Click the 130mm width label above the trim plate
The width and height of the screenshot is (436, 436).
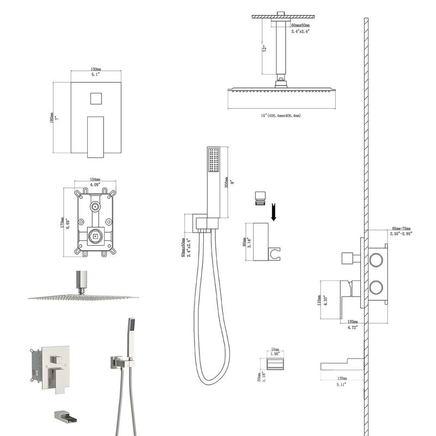point(95,70)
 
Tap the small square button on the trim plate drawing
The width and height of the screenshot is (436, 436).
point(95,100)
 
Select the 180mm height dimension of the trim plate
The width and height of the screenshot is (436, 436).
point(51,117)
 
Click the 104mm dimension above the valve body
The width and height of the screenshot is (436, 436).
point(95,179)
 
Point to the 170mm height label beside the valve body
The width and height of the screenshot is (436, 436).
point(66,223)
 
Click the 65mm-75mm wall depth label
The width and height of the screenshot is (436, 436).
point(401,229)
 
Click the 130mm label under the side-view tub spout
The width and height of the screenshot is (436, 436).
point(342,378)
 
